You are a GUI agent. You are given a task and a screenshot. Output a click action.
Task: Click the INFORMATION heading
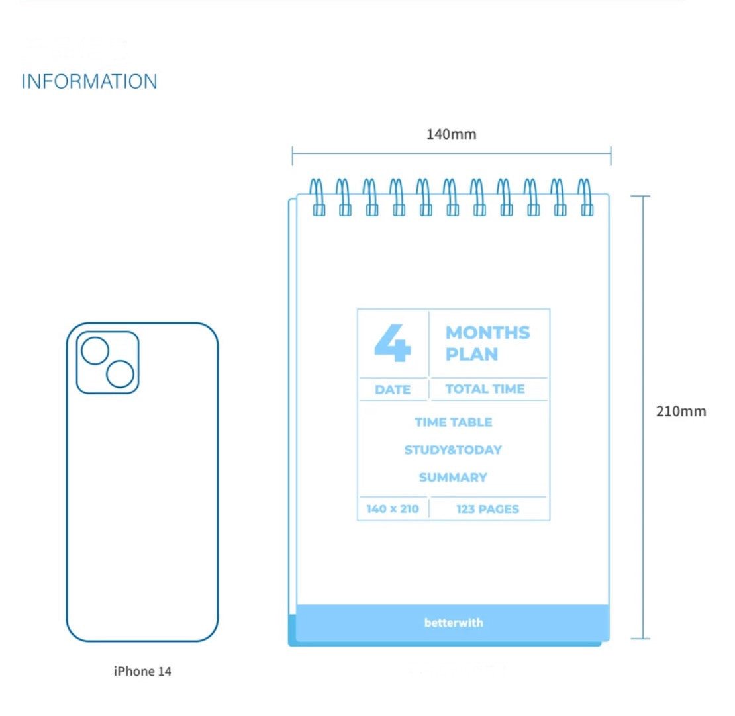coord(89,82)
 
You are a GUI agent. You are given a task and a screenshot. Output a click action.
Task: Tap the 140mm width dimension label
coord(451,134)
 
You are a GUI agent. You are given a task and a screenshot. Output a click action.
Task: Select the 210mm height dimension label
coord(681,411)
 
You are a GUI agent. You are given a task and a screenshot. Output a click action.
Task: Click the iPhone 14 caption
coord(142,671)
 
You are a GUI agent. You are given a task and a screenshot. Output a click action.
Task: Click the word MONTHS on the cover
coord(487,333)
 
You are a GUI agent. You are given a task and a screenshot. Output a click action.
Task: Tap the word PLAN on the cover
coord(471,354)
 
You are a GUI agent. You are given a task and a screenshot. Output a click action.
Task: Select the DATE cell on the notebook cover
coord(393,390)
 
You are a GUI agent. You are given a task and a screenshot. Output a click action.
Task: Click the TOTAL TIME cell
coord(485,389)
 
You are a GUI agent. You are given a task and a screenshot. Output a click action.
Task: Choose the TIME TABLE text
coord(454,422)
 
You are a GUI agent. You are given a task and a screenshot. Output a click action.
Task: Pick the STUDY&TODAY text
coord(453,450)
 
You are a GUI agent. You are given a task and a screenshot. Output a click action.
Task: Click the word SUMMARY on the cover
coord(453,477)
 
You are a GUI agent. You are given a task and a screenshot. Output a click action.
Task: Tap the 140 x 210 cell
coord(393,509)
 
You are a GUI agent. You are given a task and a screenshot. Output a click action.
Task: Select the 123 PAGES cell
coord(487,509)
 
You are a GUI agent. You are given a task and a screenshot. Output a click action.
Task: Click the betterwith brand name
coord(454,623)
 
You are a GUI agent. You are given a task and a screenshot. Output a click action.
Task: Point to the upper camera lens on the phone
coord(95,350)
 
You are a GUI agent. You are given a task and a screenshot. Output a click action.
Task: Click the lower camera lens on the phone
coord(120,374)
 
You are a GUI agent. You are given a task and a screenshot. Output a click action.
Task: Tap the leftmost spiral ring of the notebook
coord(318,197)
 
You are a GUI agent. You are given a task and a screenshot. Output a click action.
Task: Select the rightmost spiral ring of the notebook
coord(584,197)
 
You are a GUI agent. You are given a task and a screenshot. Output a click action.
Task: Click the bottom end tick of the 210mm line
coord(641,639)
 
